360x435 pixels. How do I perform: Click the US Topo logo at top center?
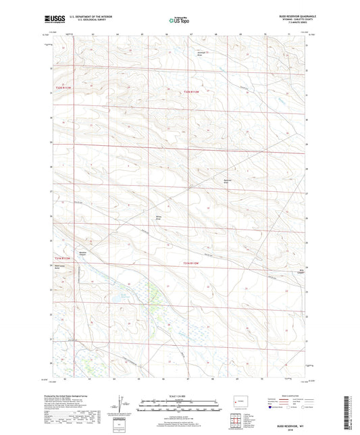(x=179, y=21)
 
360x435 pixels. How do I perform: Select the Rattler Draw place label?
(x=228, y=180)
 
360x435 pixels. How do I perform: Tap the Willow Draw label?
(x=159, y=218)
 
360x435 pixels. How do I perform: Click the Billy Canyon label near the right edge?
(x=303, y=272)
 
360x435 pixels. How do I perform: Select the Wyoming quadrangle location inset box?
(x=238, y=402)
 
